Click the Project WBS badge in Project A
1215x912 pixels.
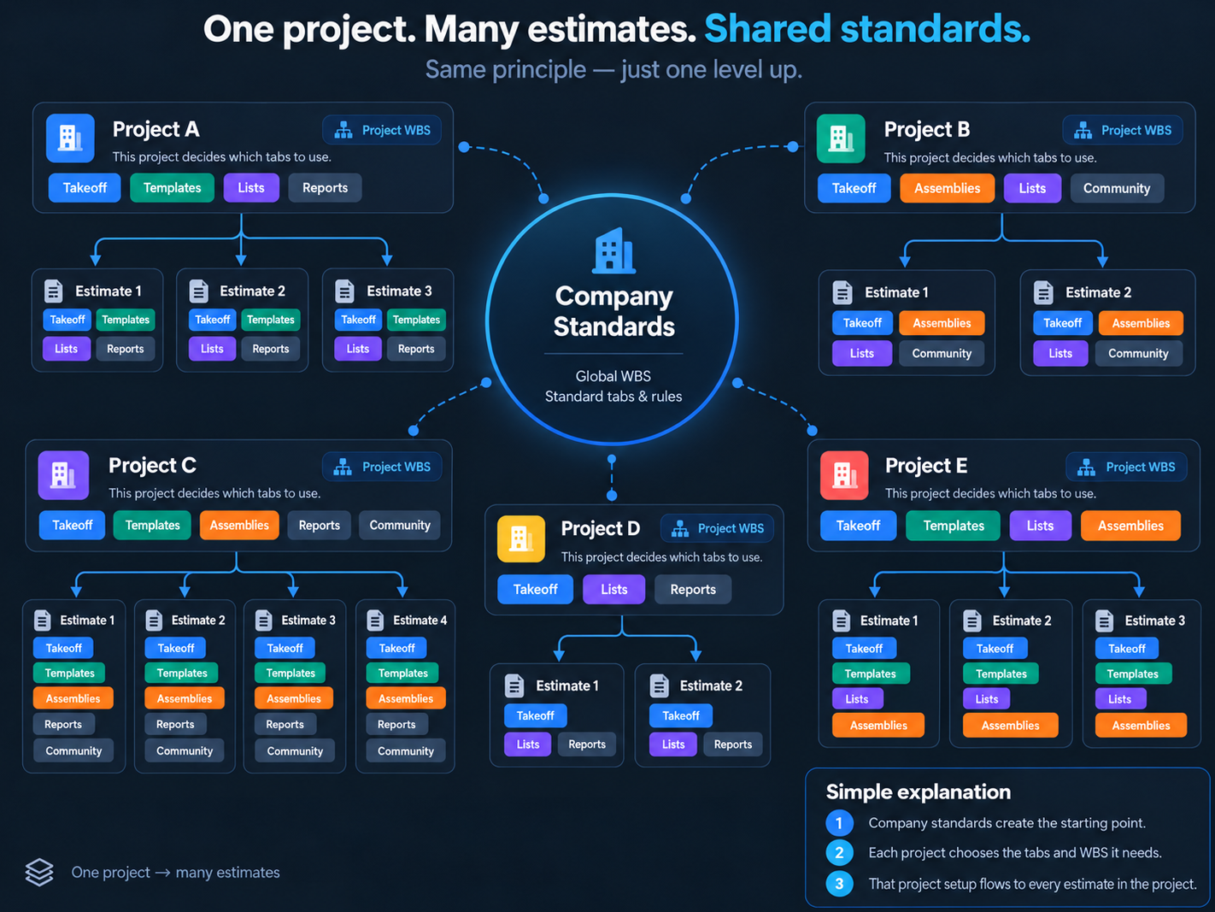(x=382, y=130)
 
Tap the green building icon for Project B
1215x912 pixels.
(x=841, y=138)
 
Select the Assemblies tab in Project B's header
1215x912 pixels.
(x=947, y=188)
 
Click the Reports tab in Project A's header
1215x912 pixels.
(x=325, y=188)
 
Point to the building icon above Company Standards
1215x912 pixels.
(x=613, y=250)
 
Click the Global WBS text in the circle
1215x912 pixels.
(x=613, y=377)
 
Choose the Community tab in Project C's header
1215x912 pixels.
(x=400, y=525)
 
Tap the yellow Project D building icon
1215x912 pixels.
(x=521, y=538)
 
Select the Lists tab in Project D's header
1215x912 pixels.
(x=613, y=589)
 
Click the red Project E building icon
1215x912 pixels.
(x=844, y=475)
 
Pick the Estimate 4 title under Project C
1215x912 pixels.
(x=420, y=621)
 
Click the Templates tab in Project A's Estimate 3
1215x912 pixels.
(x=416, y=320)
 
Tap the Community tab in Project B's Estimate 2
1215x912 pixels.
(x=1138, y=353)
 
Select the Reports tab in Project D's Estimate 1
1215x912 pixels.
(x=587, y=744)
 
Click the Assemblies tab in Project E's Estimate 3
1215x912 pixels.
(x=1141, y=726)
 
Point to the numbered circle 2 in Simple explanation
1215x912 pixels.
(x=839, y=853)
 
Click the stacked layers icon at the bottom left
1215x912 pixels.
(x=39, y=872)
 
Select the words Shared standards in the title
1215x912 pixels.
(x=867, y=29)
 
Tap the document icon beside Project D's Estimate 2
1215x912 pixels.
(x=660, y=685)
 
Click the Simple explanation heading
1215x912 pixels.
(x=919, y=792)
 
